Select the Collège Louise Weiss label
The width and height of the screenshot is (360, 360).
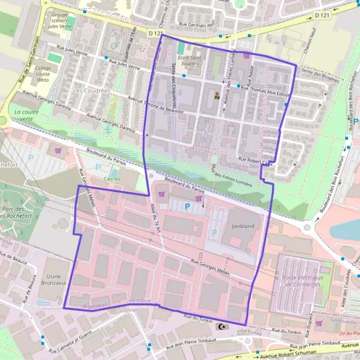43,74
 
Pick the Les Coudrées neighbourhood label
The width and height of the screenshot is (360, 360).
91,91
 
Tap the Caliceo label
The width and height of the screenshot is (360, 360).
112,179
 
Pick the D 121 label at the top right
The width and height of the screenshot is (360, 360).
322,14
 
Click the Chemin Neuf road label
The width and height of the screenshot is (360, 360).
314,36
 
